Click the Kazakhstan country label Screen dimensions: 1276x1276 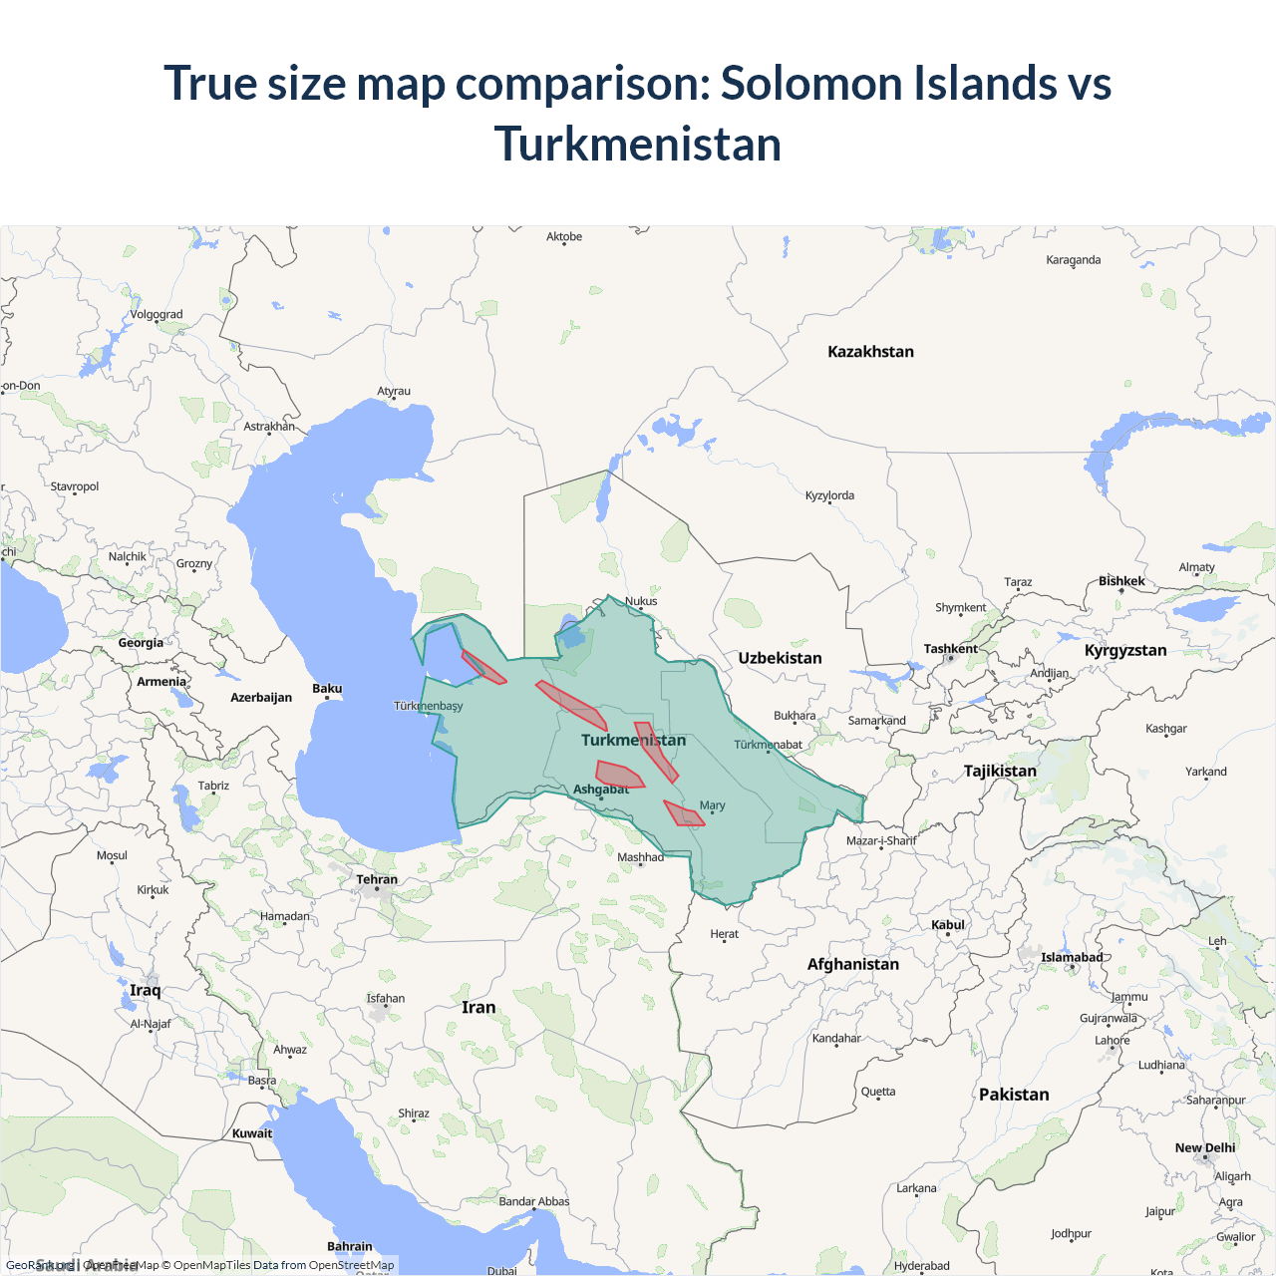[x=870, y=352]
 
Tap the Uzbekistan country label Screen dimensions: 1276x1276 [x=780, y=658]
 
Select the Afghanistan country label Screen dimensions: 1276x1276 [x=852, y=964]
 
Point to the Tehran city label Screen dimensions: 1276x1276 [x=377, y=879]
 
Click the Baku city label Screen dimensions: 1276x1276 [x=327, y=689]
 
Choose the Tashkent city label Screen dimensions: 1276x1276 [x=950, y=649]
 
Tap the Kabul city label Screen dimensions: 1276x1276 [x=948, y=925]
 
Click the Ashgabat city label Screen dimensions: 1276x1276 [x=601, y=790]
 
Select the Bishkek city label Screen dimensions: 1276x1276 [x=1121, y=581]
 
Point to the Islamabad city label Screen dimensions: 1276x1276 [x=1072, y=958]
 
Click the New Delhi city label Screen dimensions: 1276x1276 [x=1204, y=1148]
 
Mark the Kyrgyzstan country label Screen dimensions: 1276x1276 [x=1125, y=650]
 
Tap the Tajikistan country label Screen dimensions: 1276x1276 [x=1000, y=771]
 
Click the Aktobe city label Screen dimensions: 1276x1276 [x=564, y=237]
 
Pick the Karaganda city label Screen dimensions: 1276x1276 [x=1074, y=260]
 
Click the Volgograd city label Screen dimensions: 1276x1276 [x=157, y=315]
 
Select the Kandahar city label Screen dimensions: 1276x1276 [x=836, y=1039]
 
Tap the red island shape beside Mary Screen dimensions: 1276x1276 [x=684, y=814]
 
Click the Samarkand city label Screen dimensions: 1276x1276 [x=877, y=721]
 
